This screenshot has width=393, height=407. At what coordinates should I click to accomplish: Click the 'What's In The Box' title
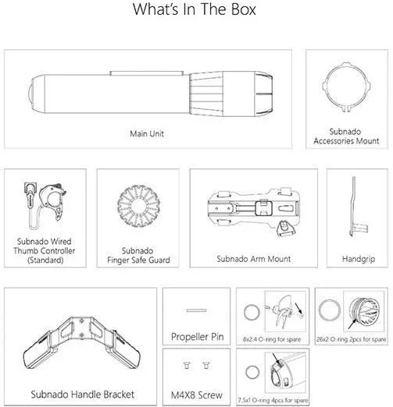coord(195,9)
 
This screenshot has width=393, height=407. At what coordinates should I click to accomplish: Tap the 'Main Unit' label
coord(147,133)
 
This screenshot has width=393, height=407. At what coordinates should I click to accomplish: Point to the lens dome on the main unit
coord(30,94)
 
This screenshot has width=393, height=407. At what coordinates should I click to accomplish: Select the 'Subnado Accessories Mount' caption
coord(346,136)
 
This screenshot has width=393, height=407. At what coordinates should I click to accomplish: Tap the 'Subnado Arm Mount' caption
coord(254,259)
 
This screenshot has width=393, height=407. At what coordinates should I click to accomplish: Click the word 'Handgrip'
coord(359,259)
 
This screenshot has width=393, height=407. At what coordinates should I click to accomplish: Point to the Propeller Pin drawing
coord(196,310)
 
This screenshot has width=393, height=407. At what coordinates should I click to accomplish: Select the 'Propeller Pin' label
coord(198,337)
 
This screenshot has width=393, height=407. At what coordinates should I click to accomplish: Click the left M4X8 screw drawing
coord(187,365)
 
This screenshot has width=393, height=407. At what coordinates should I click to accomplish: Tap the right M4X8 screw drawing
coord(206,365)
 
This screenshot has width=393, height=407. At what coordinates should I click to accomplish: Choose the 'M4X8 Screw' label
coord(197,395)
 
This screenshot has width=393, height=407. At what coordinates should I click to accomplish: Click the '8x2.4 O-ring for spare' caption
coord(272,339)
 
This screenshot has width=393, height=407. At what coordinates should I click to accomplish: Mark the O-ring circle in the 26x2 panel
coord(320,310)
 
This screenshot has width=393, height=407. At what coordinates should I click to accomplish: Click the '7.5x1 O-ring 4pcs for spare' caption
coord(273,400)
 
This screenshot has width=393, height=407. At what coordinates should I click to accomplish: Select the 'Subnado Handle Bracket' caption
coord(83,395)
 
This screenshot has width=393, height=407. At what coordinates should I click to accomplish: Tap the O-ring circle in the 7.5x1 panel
coord(246,373)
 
